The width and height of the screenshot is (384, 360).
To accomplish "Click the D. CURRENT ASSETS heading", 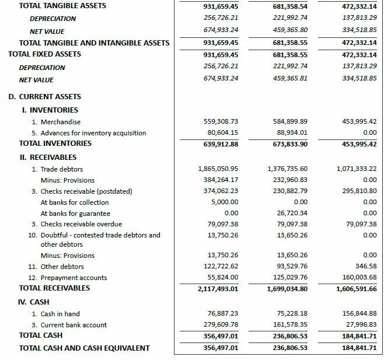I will (x=44, y=97).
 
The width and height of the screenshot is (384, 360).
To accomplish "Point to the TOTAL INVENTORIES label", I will (x=55, y=144).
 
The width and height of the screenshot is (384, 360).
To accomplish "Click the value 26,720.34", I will (x=292, y=214).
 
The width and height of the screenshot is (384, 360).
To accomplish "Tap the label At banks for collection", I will (x=75, y=202).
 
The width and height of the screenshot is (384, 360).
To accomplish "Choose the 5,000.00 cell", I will (x=225, y=202).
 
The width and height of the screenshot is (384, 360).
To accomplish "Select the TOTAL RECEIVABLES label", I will (x=54, y=288).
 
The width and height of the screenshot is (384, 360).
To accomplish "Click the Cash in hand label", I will (x=60, y=314).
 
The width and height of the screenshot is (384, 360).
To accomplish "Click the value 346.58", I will (x=365, y=267).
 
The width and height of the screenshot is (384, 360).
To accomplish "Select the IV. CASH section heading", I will (x=34, y=302).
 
